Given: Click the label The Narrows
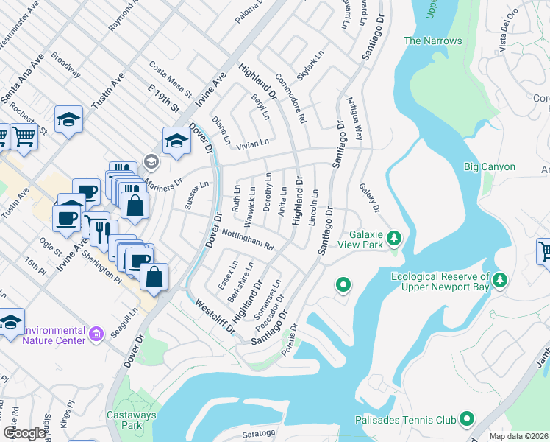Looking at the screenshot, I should (x=432, y=41).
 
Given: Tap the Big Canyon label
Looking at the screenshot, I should (x=489, y=167).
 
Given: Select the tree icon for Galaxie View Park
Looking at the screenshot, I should (x=394, y=237).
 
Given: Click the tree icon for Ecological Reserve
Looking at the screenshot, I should (x=500, y=279).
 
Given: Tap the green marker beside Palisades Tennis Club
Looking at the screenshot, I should (x=465, y=418).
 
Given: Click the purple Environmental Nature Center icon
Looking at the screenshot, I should (x=96, y=334).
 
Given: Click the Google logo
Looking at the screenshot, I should (x=24, y=433).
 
